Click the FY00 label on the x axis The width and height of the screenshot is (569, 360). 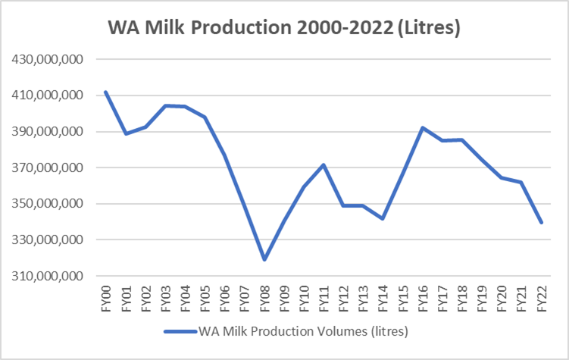[106, 297]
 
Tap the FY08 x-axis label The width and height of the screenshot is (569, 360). [264, 297]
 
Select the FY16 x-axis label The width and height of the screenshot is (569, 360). [423, 297]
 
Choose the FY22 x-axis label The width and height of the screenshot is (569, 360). [542, 297]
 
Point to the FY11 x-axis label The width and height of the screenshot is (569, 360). [324, 297]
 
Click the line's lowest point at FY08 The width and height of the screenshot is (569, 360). [264, 260]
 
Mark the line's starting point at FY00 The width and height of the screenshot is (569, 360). [106, 92]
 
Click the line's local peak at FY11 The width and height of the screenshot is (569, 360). [324, 164]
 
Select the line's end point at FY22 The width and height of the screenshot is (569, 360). [542, 222]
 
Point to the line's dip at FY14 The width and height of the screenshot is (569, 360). [383, 219]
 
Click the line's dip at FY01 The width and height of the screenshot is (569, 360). [126, 133]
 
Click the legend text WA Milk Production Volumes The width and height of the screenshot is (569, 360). [303, 331]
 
